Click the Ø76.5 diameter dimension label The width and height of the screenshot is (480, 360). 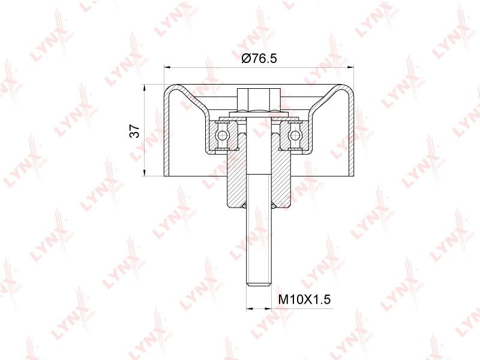point(259,58)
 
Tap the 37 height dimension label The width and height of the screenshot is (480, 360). point(134,131)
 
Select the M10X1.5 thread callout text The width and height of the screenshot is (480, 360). point(305,299)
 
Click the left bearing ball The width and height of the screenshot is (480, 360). point(223,135)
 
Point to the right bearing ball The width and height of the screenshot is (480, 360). point(295,135)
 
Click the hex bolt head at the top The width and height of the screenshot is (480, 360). point(259,99)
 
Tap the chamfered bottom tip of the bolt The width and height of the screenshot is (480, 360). point(259,283)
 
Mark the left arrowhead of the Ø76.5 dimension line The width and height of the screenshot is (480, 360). point(167,66)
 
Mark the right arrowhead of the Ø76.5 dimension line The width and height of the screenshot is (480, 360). point(350,66)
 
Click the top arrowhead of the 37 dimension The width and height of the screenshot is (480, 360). point(144,87)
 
